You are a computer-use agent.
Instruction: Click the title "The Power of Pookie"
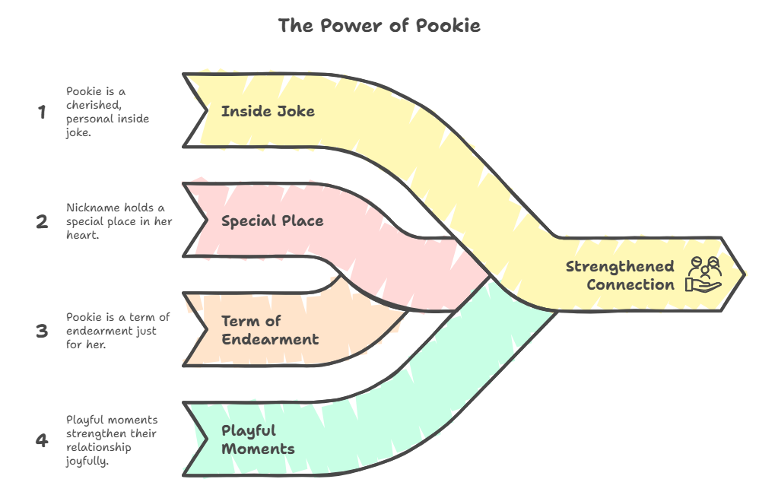(379, 26)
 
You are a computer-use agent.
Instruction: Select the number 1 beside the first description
(42, 113)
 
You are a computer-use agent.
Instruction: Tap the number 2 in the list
(42, 221)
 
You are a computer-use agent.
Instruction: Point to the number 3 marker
(42, 331)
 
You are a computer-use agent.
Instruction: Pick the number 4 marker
(42, 440)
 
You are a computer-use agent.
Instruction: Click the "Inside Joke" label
(268, 111)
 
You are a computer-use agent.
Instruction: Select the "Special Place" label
(272, 221)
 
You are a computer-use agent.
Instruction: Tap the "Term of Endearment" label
(270, 330)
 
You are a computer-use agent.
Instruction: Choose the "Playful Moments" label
(258, 439)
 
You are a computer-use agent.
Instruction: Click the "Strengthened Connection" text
(620, 275)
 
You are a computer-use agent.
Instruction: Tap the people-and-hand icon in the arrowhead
(703, 274)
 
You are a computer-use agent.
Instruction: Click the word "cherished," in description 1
(94, 105)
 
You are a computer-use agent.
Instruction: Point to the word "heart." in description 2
(82, 235)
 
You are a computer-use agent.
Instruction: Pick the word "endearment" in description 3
(111, 331)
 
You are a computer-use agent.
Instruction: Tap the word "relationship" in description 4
(99, 447)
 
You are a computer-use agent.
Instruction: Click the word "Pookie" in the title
(448, 26)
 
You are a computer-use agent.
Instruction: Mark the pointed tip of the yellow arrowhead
(745, 274)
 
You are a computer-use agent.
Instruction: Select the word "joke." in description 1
(78, 132)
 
